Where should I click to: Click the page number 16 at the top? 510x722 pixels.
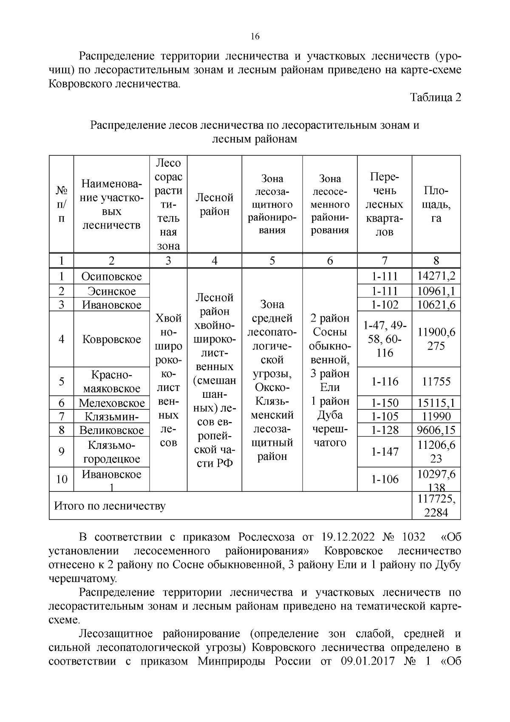click(255, 36)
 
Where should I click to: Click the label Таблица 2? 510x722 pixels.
click(436, 97)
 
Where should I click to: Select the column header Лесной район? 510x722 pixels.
click(214, 204)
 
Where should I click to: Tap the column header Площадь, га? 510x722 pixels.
click(436, 204)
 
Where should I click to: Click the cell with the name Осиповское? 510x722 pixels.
click(111, 277)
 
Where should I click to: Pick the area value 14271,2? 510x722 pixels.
click(436, 277)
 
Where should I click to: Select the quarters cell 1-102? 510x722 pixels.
click(385, 305)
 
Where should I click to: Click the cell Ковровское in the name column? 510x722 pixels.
click(111, 339)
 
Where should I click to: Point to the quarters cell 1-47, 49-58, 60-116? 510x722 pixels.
click(385, 339)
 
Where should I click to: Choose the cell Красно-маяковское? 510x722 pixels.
click(111, 382)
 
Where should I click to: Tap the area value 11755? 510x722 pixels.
click(436, 382)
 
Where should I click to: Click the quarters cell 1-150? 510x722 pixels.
click(385, 403)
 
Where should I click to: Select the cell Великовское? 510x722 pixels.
click(111, 430)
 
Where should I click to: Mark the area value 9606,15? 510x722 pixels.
click(436, 430)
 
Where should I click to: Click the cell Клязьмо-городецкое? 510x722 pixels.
click(111, 452)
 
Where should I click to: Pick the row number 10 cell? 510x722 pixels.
click(62, 479)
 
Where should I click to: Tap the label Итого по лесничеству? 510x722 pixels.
click(110, 506)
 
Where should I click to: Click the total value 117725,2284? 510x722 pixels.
click(436, 506)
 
